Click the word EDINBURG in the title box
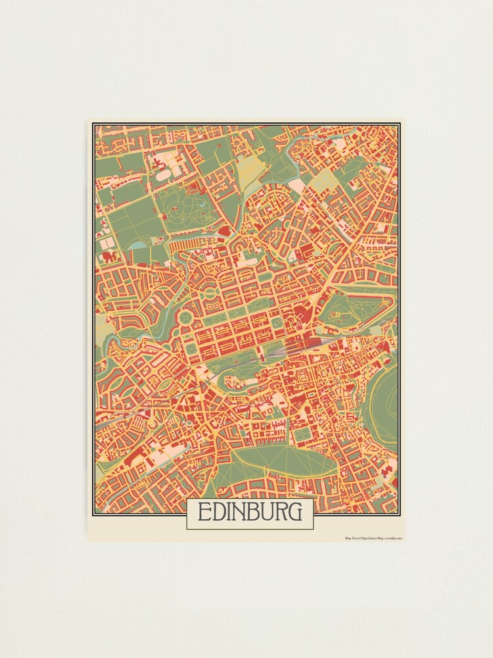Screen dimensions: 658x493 pos(250,512)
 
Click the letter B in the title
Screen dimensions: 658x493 pos(255,512)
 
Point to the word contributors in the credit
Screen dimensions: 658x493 pos(392,538)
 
